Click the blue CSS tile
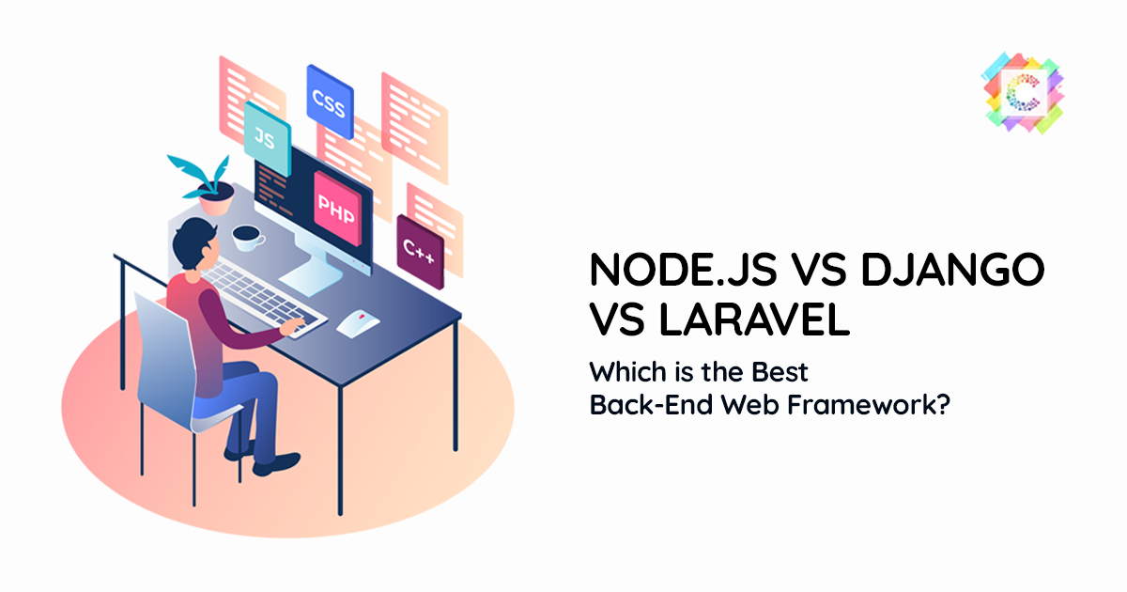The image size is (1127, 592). [x=330, y=102]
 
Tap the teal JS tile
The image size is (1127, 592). [x=267, y=138]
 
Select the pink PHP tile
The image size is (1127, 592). [x=337, y=209]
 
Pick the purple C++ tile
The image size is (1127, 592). [x=420, y=252]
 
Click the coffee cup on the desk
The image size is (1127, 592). [x=248, y=237]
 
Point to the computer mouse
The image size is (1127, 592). [x=358, y=323]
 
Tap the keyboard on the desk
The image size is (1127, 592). [x=262, y=298]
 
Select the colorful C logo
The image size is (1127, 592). [x=1024, y=93]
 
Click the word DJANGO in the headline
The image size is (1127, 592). [x=953, y=270]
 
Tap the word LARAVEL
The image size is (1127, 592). [x=754, y=319]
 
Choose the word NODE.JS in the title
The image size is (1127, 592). [x=684, y=270]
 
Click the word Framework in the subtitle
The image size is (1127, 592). [x=869, y=404]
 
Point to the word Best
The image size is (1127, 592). [x=780, y=372]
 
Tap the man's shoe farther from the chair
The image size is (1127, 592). [x=276, y=464]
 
